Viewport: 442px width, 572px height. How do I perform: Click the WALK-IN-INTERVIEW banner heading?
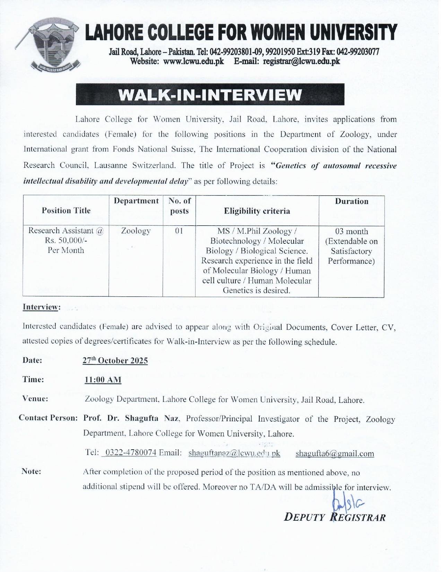coord(210,95)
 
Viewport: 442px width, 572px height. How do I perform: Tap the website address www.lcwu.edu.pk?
coord(193,62)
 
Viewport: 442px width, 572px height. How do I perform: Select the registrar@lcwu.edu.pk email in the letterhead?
coord(302,62)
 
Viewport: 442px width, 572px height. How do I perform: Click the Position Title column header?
coord(66,211)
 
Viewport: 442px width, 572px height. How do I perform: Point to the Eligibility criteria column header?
coord(257,211)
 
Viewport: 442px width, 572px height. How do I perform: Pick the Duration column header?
coord(351,201)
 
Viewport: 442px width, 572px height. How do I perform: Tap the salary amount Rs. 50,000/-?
coord(66,241)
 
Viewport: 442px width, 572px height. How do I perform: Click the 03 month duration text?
coord(351,232)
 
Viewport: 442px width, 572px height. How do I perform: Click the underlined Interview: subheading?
coord(41,307)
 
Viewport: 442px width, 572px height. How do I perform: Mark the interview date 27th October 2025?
coord(115,361)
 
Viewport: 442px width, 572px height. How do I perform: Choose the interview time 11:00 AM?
coord(103,380)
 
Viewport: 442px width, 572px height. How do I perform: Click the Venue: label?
coord(35,399)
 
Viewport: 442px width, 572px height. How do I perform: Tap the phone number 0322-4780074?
coord(130,453)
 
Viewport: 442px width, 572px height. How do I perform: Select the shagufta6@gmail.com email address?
coord(335,453)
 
